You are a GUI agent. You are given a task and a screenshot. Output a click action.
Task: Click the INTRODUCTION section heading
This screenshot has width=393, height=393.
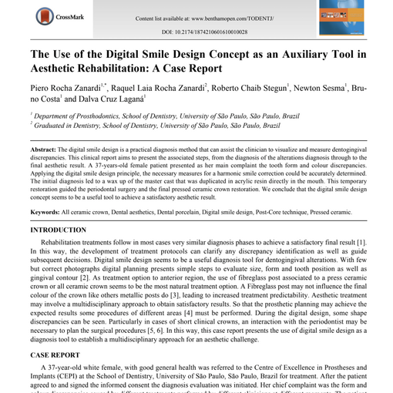[x=58, y=230]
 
